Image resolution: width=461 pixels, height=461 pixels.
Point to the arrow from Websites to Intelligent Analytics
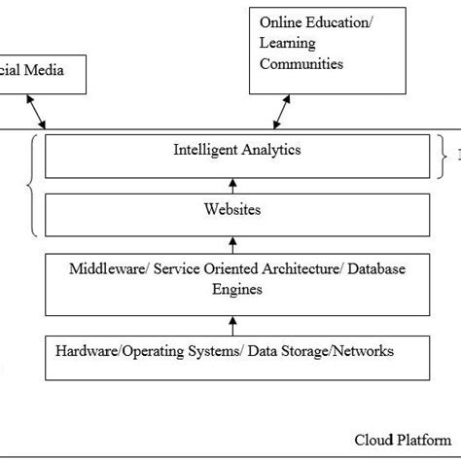coord(231,183)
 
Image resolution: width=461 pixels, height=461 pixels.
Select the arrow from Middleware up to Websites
coord(231,242)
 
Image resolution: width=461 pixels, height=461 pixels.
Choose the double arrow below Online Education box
coord(279,111)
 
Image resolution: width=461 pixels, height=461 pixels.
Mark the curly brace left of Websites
coord(31,184)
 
